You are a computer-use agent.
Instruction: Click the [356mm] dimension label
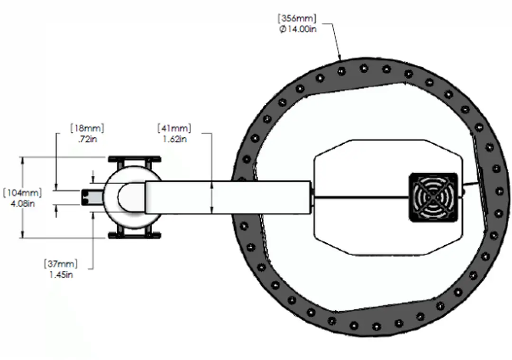[x=297, y=19]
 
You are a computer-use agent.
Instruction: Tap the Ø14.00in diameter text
[x=298, y=29]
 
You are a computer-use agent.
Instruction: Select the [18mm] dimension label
[x=87, y=129]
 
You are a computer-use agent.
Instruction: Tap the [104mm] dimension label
[x=22, y=193]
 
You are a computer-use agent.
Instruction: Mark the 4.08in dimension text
[x=22, y=203]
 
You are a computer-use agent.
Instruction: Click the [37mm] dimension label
[x=61, y=264]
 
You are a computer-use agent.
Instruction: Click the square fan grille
[x=433, y=197]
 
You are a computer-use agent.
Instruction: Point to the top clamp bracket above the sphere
[x=135, y=159]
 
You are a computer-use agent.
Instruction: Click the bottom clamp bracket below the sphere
[x=135, y=235]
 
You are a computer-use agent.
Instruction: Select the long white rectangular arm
[x=228, y=197]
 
